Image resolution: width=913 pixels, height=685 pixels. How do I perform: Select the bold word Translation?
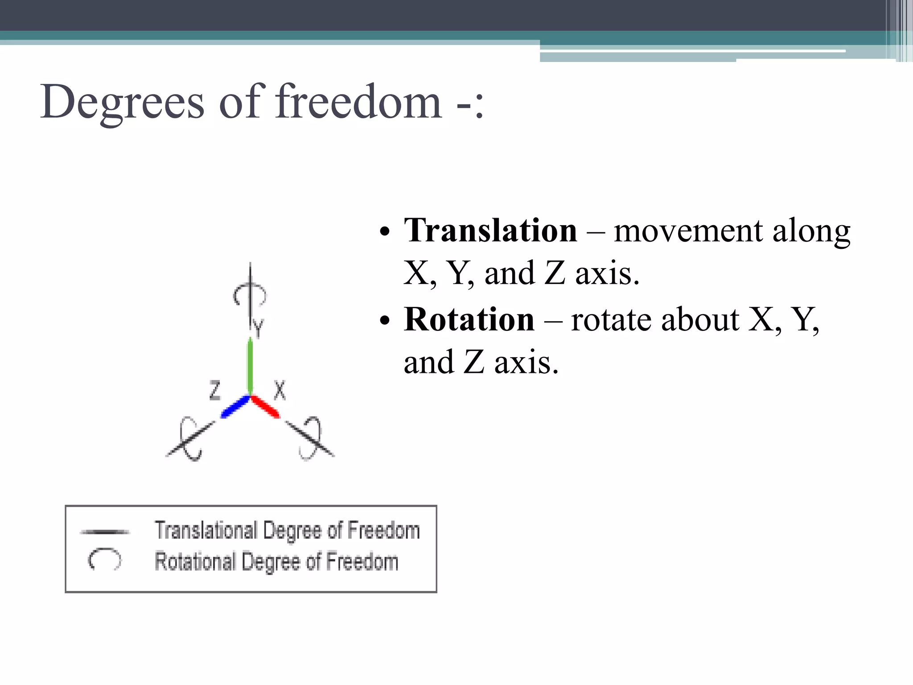pyautogui.click(x=490, y=231)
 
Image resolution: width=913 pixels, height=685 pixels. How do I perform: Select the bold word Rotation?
pyautogui.click(x=469, y=320)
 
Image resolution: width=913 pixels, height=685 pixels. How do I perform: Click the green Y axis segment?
pyautogui.click(x=250, y=366)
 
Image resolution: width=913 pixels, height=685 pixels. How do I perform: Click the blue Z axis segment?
pyautogui.click(x=235, y=407)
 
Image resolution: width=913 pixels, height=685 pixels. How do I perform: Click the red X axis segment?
pyautogui.click(x=266, y=407)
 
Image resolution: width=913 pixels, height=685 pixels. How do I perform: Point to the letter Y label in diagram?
pyautogui.click(x=259, y=329)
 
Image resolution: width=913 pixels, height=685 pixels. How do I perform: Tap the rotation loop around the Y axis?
pyautogui.click(x=250, y=294)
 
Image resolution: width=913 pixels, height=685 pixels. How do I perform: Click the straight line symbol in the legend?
pyautogui.click(x=105, y=532)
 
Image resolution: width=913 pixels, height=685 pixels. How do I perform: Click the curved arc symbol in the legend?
pyautogui.click(x=104, y=559)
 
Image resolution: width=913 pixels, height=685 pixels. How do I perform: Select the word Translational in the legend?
pyautogui.click(x=206, y=531)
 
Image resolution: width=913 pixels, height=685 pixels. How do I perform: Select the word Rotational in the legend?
pyautogui.click(x=195, y=562)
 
